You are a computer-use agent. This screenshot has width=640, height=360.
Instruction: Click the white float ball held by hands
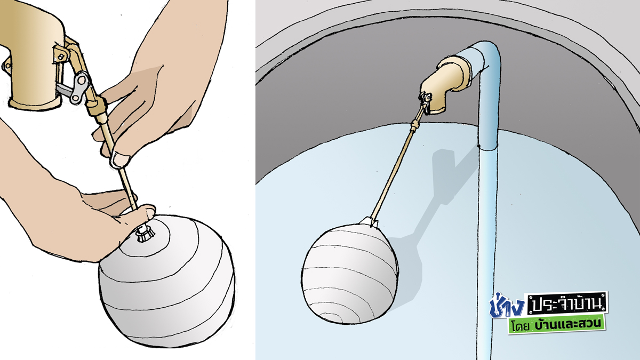pos(166,282)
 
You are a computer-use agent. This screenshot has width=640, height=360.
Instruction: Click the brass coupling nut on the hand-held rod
pos(97,107)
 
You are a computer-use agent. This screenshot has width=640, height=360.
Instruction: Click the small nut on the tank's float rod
pos(414,125)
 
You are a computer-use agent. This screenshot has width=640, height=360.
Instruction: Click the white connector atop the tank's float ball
pos(369,222)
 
